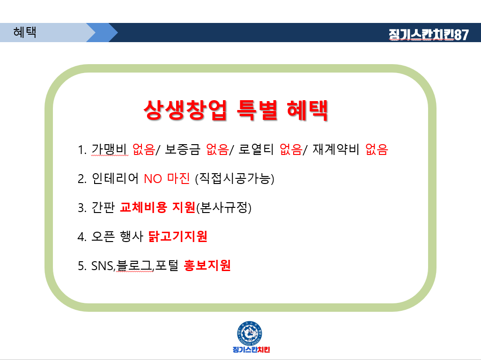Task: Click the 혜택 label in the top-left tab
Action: (25, 32)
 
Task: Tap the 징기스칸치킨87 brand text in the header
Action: (429, 35)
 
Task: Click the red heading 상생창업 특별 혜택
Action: (236, 110)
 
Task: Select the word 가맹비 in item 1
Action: (109, 149)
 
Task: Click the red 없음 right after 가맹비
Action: (144, 149)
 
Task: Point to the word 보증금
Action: (183, 149)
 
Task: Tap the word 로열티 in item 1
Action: (256, 149)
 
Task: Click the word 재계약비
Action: (336, 149)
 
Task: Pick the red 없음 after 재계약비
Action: (377, 149)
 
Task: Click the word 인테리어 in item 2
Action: (115, 178)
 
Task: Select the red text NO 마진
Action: (167, 178)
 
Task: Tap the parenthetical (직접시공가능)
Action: (235, 178)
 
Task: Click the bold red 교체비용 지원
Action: (158, 207)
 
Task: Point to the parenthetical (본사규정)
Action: (224, 207)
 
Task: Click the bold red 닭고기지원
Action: (178, 236)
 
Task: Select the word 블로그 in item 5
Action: (134, 265)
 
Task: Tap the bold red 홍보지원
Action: (207, 265)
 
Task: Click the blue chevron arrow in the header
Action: (103, 32)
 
